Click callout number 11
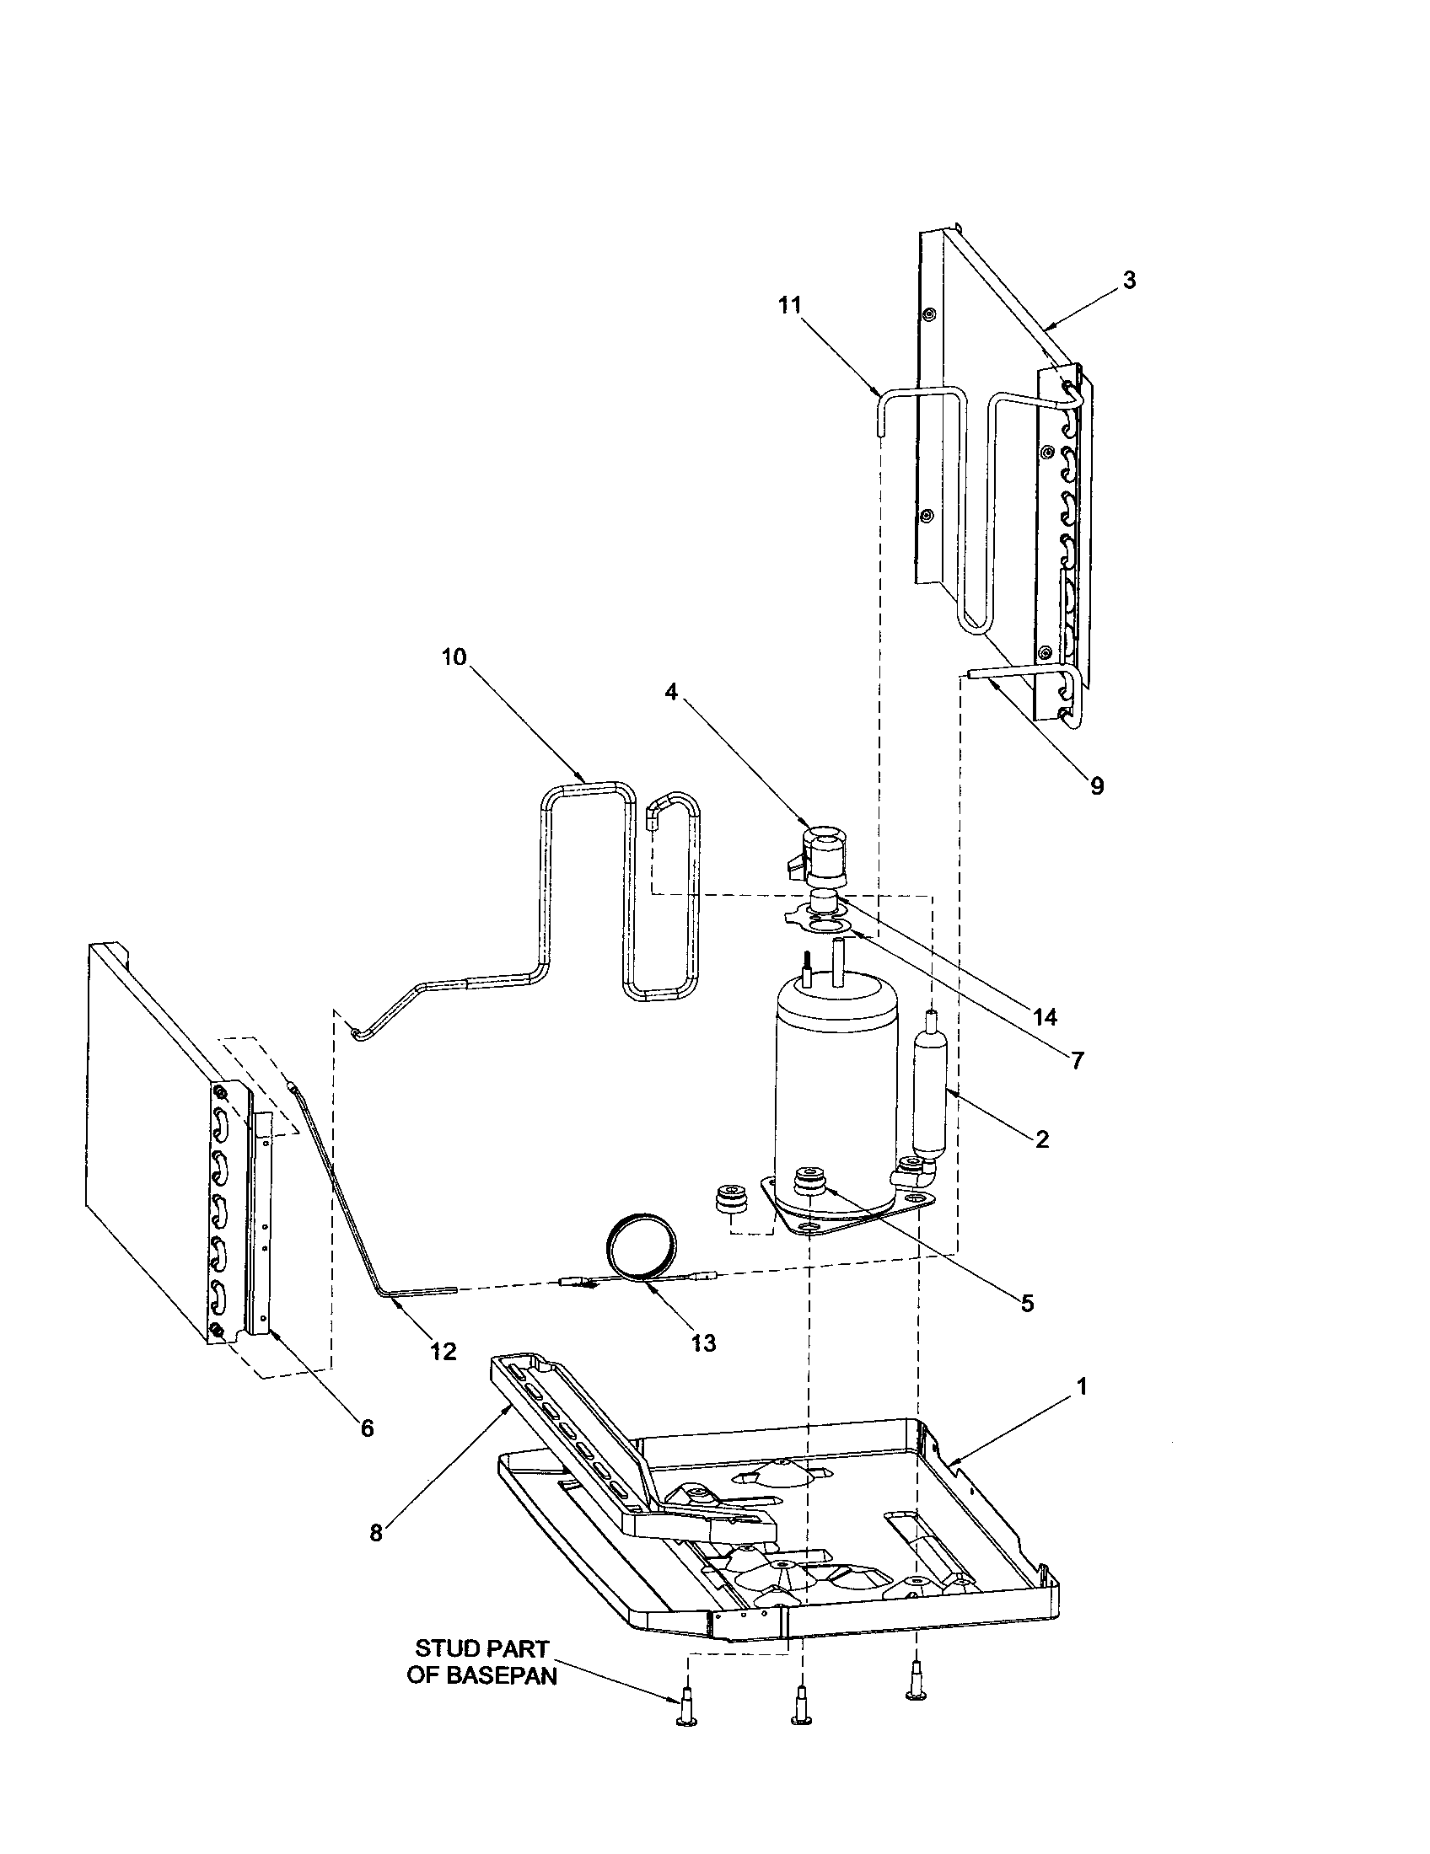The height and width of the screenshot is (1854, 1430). pyautogui.click(x=790, y=306)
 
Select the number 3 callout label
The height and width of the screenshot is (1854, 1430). pyautogui.click(x=1128, y=280)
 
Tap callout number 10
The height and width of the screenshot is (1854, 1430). pyautogui.click(x=454, y=657)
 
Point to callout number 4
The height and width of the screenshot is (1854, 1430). pyautogui.click(x=671, y=692)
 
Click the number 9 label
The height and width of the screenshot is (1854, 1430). pyautogui.click(x=1097, y=786)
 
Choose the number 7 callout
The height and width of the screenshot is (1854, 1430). pyautogui.click(x=1078, y=1060)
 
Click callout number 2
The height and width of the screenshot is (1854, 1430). pyautogui.click(x=1042, y=1139)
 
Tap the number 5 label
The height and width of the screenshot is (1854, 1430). pyautogui.click(x=1028, y=1303)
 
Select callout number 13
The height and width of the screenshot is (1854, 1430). pyautogui.click(x=704, y=1343)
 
